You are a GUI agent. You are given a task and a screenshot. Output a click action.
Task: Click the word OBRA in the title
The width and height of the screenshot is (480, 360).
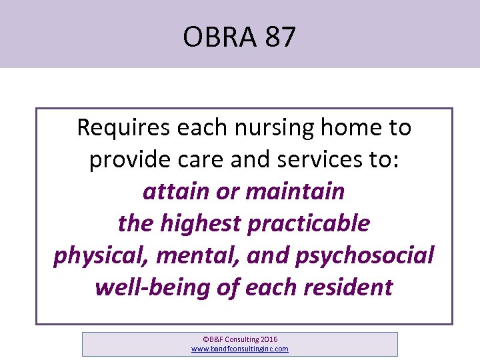coord(218,37)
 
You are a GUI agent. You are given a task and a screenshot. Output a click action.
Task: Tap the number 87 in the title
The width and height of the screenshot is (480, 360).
coord(279,37)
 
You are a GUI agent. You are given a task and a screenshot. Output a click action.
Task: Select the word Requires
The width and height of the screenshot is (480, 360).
coord(123,127)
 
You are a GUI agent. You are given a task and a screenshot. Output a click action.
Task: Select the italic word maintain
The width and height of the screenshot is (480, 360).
coord(295,192)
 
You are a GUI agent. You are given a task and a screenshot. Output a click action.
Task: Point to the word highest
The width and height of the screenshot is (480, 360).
coord(202,224)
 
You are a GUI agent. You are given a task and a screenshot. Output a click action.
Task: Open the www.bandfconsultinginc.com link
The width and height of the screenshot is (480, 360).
coord(240,349)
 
